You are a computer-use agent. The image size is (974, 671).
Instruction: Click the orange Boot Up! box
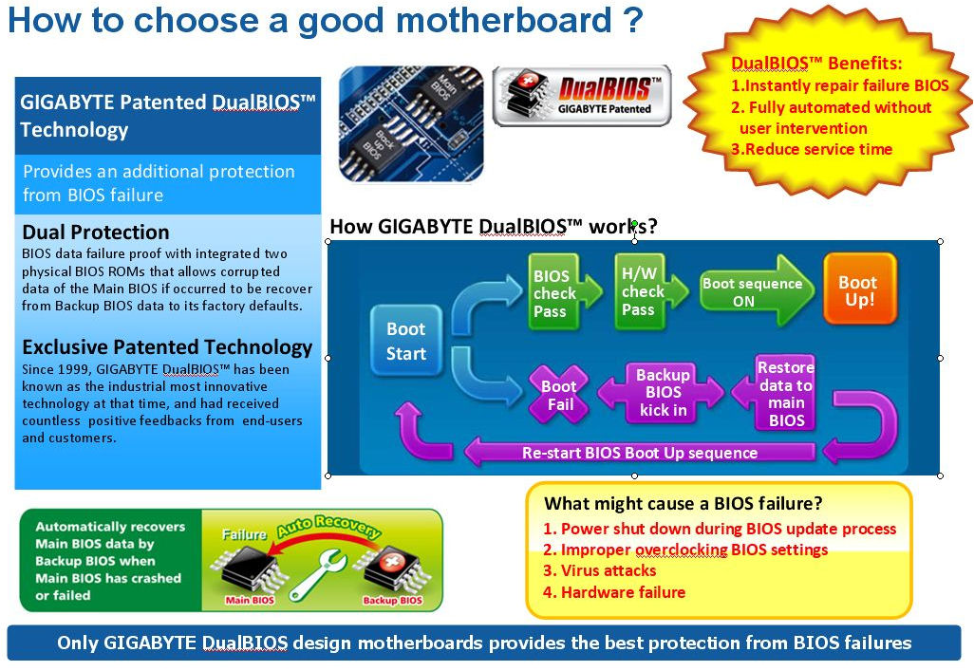pos(860,289)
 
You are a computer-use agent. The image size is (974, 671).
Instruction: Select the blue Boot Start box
pos(406,341)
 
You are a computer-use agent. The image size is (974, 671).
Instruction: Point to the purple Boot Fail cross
pos(558,395)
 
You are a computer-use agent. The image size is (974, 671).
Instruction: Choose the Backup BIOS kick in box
pos(662,393)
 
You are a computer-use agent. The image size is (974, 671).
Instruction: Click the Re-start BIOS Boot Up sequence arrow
pos(640,452)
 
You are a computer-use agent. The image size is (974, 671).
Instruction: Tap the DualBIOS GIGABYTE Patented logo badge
pos(582,96)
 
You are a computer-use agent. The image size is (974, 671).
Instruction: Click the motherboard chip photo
pos(411,123)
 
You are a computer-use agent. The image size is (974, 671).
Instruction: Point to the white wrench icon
pos(318,575)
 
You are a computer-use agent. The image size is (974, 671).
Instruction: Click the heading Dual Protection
pos(96,233)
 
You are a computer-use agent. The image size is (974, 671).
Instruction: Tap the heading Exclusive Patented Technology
pos(167,347)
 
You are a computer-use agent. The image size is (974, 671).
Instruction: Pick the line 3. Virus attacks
pos(599,570)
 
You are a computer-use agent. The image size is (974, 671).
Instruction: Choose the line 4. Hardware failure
pos(614,592)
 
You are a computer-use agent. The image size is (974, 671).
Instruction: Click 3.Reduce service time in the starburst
pos(812,149)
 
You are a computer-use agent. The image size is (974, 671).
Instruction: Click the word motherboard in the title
pos(504,20)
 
